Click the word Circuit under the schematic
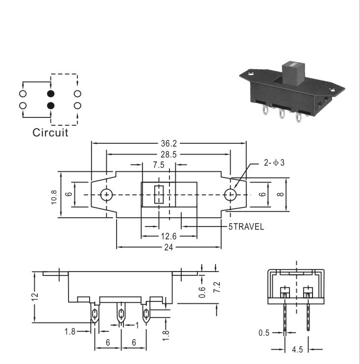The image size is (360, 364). coord(50,133)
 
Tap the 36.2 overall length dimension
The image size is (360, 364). coord(168,143)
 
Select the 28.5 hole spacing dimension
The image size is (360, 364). coord(168,155)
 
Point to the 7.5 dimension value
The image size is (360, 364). coord(159,165)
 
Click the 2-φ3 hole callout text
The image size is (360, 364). coord(274,163)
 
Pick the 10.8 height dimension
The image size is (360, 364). coord(54,197)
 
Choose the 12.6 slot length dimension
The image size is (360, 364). coord(168,236)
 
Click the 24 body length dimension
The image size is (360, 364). coord(168,248)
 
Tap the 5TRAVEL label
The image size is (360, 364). coord(246,227)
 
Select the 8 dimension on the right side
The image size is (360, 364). coord(281,194)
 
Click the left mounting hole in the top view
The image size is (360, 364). coord(106,195)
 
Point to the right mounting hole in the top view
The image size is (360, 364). coord(230,195)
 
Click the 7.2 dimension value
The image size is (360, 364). coord(216,287)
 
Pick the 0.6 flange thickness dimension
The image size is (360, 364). coord(202,292)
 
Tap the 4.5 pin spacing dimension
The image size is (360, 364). coord(297,349)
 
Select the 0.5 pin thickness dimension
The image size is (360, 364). coord(264,333)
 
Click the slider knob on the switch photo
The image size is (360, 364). coord(293,73)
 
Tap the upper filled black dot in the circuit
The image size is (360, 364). coord(50,94)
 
